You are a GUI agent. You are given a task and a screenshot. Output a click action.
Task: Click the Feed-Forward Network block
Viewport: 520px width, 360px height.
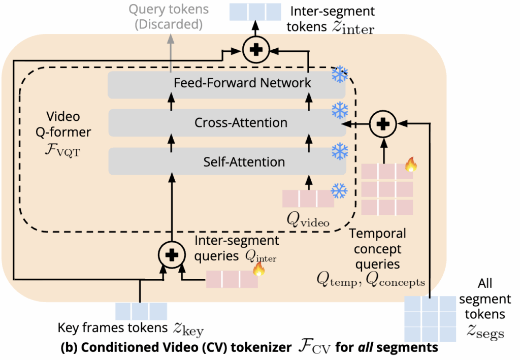(226, 83)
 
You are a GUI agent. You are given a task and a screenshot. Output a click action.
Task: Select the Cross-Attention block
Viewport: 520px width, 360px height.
(226, 122)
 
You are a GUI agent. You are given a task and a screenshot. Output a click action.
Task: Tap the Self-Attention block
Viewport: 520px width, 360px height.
(226, 162)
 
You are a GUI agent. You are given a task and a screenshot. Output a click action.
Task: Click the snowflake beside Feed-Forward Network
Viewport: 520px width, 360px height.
(339, 75)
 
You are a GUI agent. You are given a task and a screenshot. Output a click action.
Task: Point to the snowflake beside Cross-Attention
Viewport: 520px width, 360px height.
(339, 109)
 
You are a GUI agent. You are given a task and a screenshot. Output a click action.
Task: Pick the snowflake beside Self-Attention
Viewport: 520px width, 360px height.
(339, 151)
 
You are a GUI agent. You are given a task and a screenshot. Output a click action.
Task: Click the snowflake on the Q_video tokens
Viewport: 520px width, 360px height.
(339, 191)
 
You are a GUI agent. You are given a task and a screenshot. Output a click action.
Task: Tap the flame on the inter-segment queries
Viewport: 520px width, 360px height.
(258, 269)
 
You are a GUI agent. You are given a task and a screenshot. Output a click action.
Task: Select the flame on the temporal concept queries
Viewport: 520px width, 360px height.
(410, 164)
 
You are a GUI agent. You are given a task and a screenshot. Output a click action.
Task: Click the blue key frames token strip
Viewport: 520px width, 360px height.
(141, 311)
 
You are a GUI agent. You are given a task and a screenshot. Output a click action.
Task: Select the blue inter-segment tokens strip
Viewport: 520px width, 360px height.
(254, 12)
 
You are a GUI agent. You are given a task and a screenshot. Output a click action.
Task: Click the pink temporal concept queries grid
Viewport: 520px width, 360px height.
(387, 189)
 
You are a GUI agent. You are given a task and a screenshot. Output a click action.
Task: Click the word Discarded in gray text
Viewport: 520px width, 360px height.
(170, 24)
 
